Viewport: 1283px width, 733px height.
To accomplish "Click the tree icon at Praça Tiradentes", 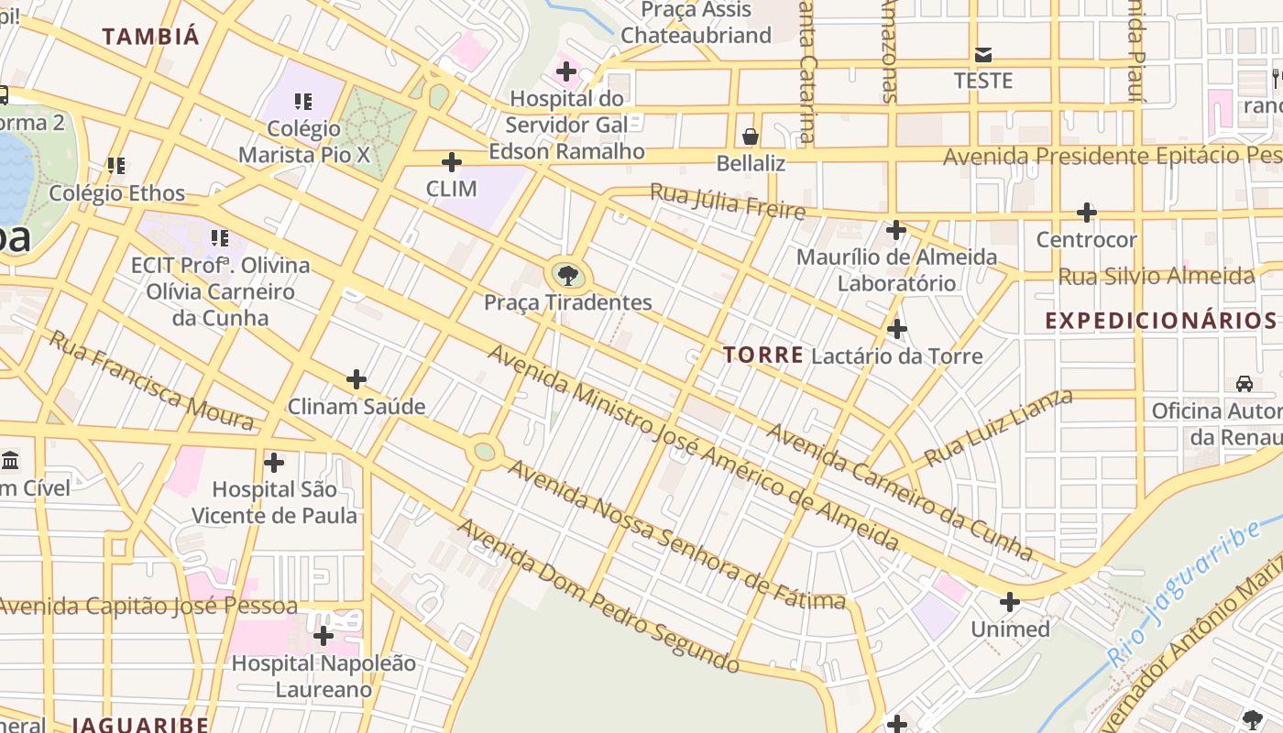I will [568, 275].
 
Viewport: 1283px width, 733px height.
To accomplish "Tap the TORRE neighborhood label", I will [762, 355].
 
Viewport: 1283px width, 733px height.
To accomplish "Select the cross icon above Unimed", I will [1010, 602].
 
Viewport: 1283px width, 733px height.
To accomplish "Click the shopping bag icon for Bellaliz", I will [751, 137].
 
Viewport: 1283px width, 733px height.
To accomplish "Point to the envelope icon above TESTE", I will [983, 54].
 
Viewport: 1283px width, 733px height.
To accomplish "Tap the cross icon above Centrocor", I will [1087, 213].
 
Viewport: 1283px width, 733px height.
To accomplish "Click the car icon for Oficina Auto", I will [1245, 383].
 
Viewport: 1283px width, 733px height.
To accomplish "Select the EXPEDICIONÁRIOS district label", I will [1161, 320].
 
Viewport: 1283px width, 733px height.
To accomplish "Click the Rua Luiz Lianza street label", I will [999, 428].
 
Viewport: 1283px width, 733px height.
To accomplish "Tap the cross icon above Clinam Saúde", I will [356, 379].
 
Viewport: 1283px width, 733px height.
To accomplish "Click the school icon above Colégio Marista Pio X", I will [303, 102].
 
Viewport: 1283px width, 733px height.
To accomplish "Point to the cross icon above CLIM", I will [452, 162].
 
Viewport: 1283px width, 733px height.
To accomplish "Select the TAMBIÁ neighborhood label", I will [150, 37].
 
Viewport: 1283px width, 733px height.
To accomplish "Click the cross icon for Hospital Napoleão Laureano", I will [323, 635].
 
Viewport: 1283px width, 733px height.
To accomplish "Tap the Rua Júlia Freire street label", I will [728, 202].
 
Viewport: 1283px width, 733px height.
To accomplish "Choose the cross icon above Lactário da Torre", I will [897, 328].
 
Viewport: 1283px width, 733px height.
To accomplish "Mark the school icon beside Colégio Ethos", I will [116, 166].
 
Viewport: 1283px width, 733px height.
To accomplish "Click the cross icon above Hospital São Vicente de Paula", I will [274, 462].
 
